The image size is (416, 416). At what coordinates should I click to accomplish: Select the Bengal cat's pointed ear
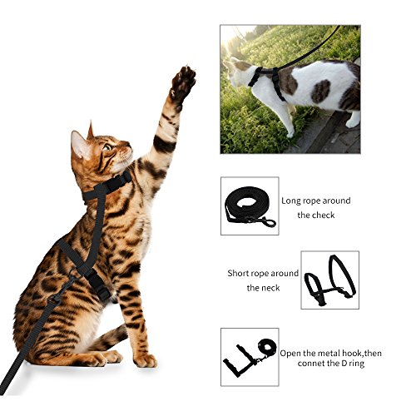tap(82, 143)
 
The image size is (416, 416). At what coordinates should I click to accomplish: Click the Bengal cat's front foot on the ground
tap(144, 359)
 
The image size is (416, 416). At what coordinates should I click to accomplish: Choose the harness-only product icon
tap(329, 280)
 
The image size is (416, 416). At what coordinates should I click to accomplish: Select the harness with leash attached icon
tap(247, 353)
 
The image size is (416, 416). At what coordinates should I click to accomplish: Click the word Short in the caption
tap(241, 273)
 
